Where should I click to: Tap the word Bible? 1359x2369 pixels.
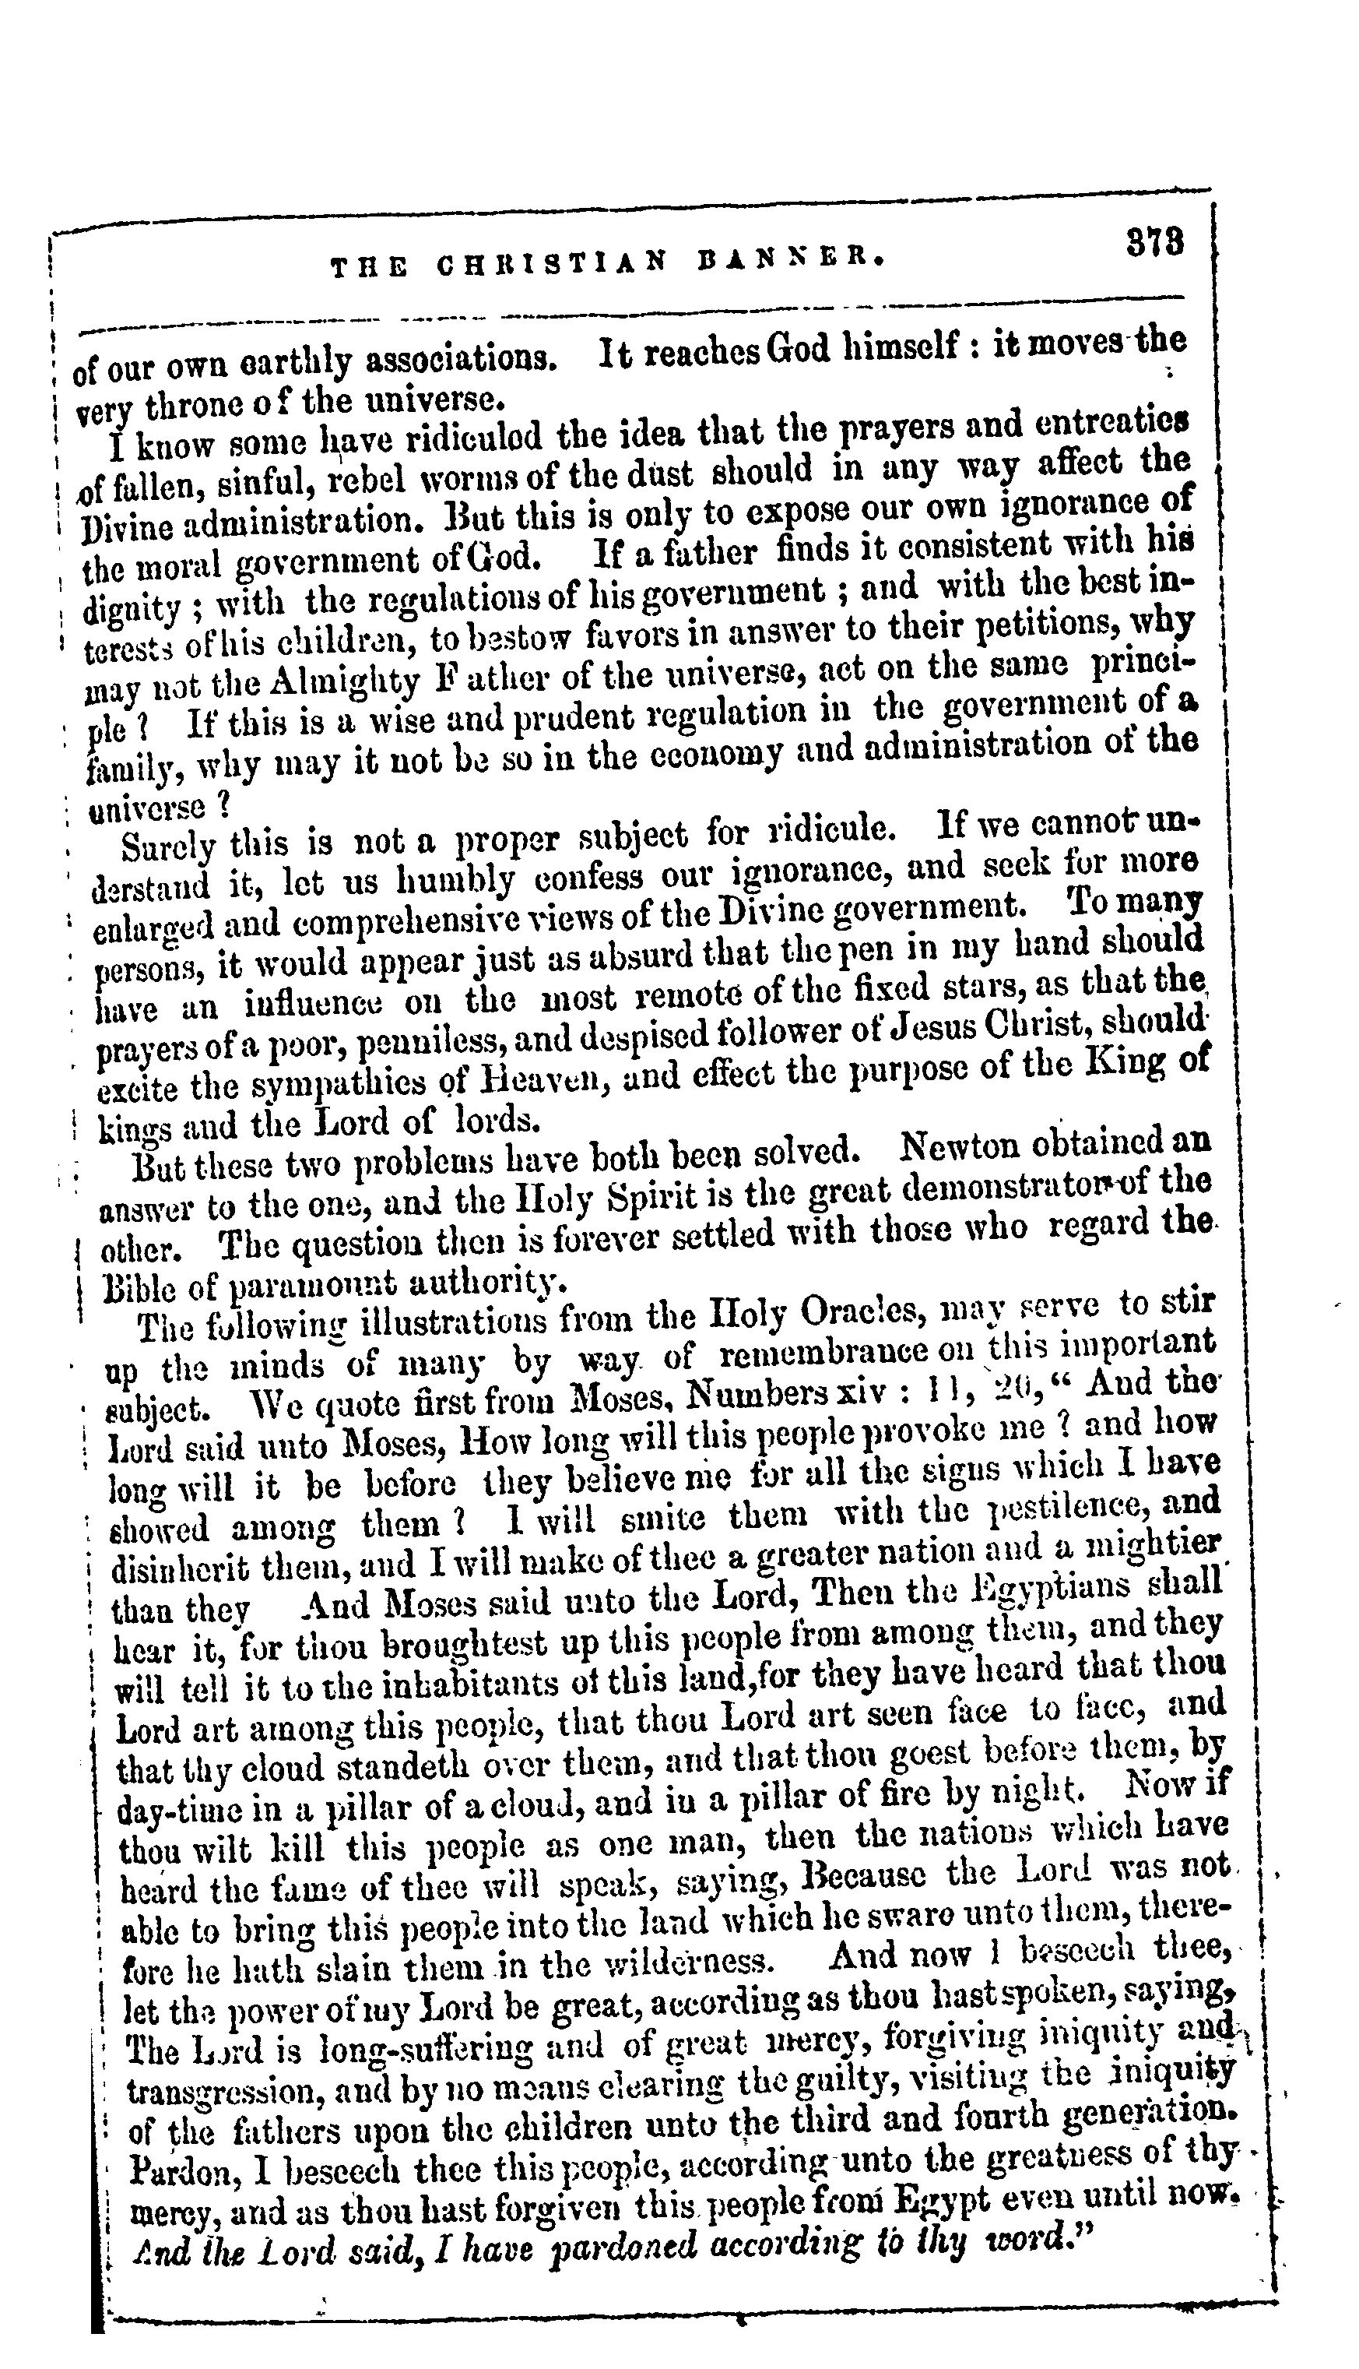140,1289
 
